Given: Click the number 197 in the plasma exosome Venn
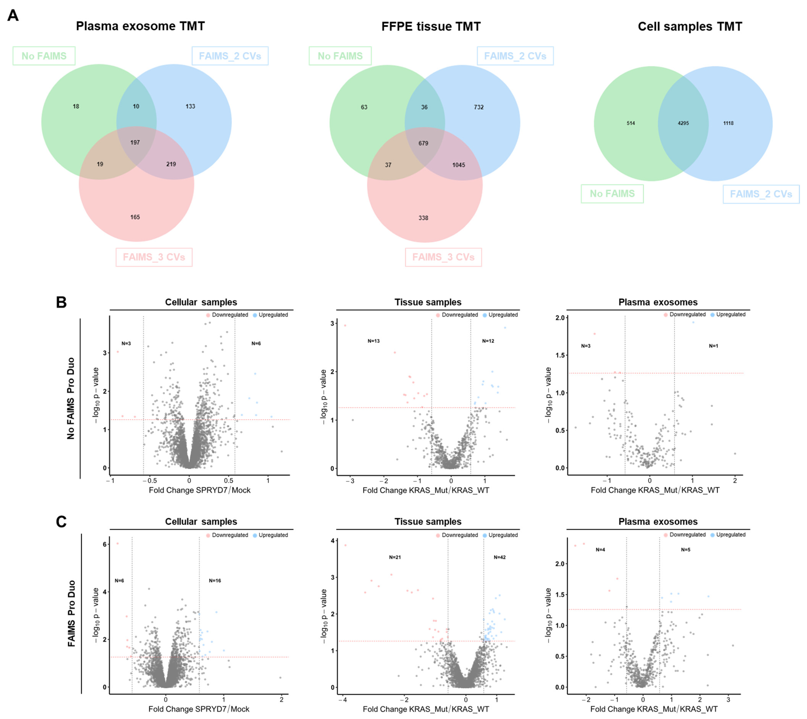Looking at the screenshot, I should click(135, 143).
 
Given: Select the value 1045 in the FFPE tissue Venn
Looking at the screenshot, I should click(459, 165).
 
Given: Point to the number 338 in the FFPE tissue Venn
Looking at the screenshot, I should click(423, 218).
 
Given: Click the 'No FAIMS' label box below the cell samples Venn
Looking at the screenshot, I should click(612, 194).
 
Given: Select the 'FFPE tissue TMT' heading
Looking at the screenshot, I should click(431, 27).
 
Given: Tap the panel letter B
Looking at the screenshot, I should click(61, 302).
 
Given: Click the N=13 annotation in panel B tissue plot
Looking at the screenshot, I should click(373, 341).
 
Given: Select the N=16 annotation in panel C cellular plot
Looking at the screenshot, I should click(215, 581).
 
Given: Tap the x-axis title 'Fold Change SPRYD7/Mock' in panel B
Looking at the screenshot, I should click(199, 490).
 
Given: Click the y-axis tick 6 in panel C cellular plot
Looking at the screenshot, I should click(105, 544).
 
